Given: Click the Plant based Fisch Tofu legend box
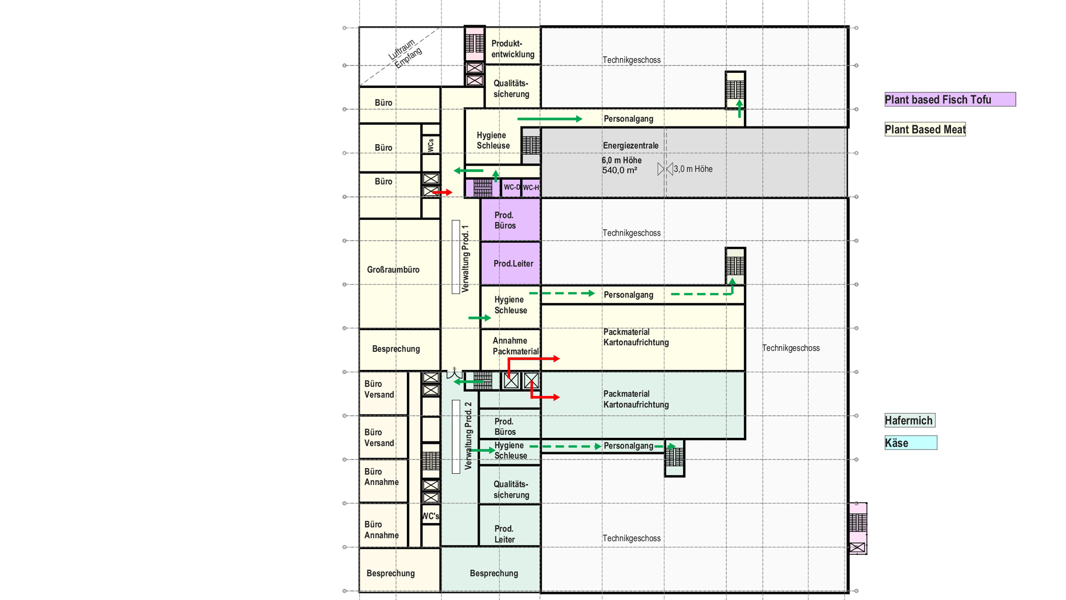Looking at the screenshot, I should [949, 100].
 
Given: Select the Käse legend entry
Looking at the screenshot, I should [910, 443].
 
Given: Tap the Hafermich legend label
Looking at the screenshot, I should [909, 420].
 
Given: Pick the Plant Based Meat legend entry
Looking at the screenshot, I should [924, 130].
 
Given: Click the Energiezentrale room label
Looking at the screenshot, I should [630, 146].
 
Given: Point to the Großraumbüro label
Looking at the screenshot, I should [393, 270].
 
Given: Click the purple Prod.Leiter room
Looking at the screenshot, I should [513, 263].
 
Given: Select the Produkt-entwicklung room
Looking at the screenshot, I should [512, 49].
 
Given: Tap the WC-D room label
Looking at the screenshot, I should [511, 187].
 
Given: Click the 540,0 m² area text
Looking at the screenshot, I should [619, 170].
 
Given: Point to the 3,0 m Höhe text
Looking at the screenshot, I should [692, 169].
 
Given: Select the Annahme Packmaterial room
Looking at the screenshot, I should [515, 346].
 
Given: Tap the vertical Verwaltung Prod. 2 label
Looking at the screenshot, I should [468, 435].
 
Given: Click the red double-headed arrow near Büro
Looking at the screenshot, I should [442, 192].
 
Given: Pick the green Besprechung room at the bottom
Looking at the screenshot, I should [493, 573].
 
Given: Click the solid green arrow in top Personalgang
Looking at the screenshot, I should [550, 119].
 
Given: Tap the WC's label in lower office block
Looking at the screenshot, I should [430, 516].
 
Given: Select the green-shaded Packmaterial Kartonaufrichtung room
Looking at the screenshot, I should [636, 399].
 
